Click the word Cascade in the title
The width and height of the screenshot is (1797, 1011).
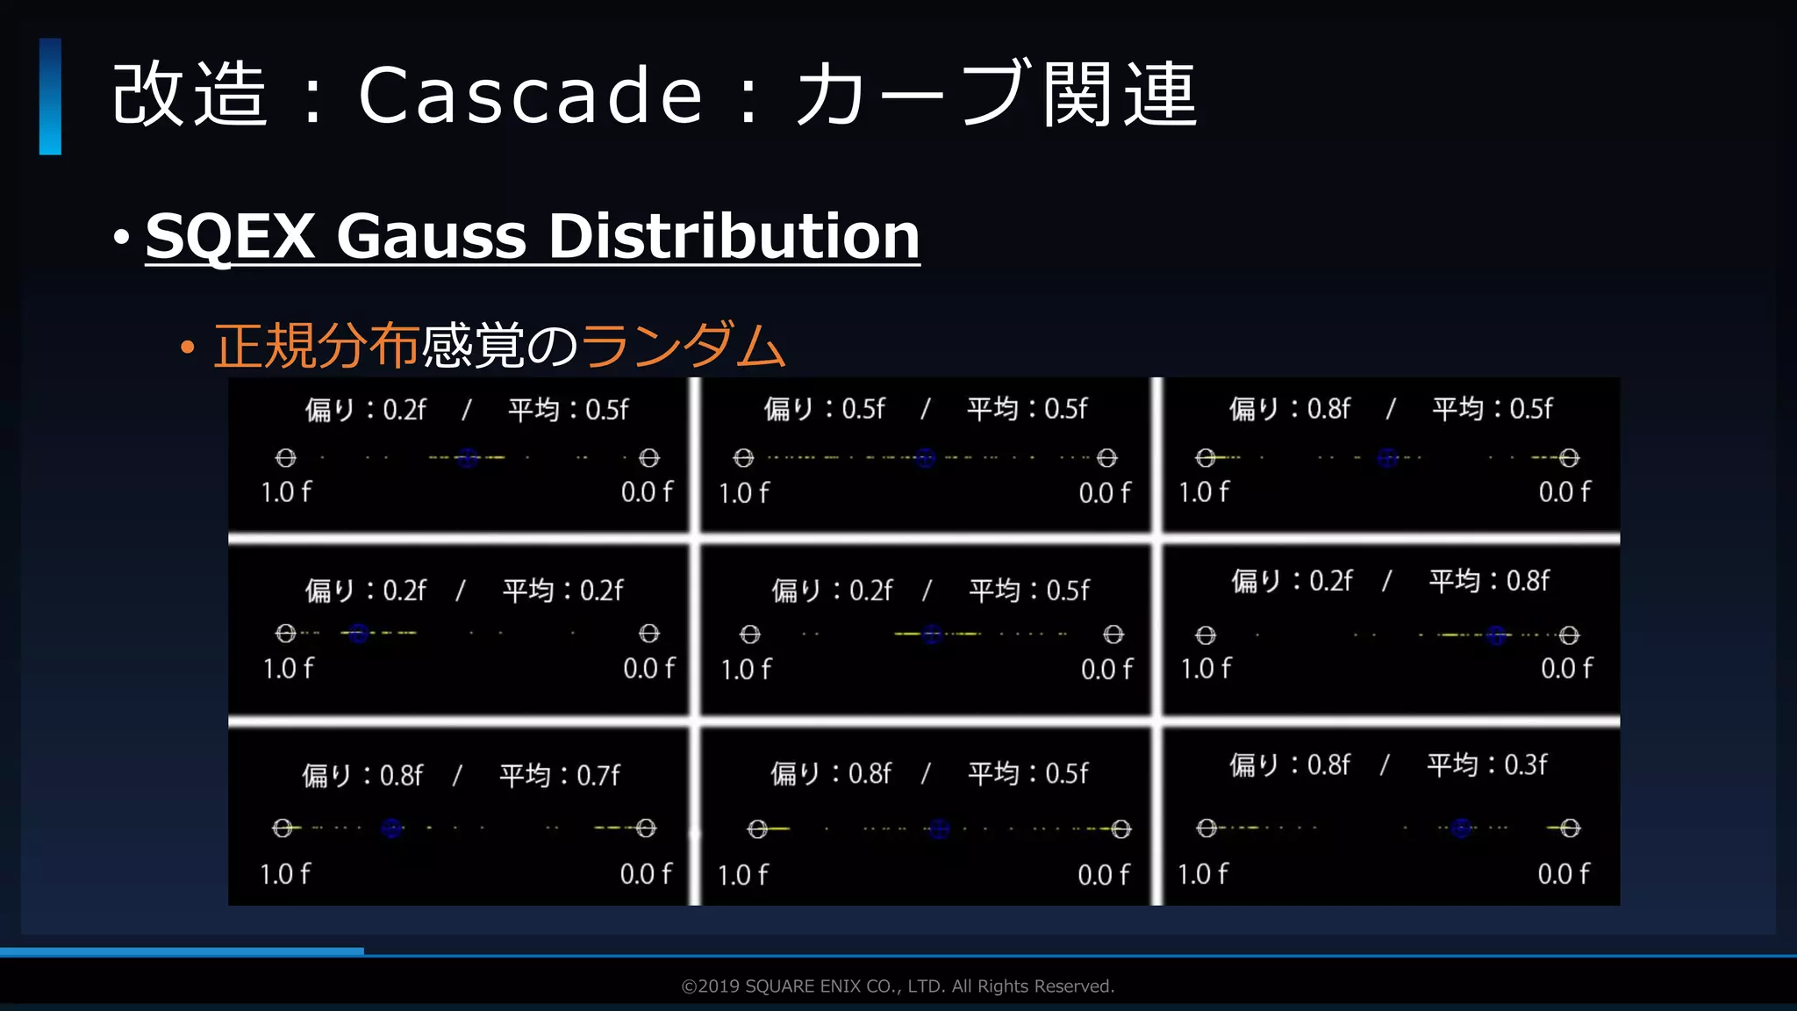(x=530, y=95)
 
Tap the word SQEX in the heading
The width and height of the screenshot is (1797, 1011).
(x=230, y=236)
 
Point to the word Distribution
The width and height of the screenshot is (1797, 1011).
(x=734, y=236)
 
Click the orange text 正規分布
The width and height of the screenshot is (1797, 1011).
(x=316, y=346)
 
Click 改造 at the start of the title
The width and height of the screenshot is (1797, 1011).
(x=190, y=95)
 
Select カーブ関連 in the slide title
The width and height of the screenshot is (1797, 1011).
(x=997, y=95)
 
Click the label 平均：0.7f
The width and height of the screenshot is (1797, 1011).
(x=560, y=775)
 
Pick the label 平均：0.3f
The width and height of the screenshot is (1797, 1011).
(x=1487, y=764)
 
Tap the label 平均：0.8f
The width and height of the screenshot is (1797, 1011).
(x=1489, y=580)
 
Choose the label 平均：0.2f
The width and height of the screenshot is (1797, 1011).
(x=562, y=590)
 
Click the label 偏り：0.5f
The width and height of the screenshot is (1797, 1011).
(x=824, y=408)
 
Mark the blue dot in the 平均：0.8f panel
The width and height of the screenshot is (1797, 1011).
(x=1497, y=635)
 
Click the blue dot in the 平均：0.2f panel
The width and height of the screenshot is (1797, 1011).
(x=358, y=633)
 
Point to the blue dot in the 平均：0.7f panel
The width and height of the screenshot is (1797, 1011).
(x=392, y=828)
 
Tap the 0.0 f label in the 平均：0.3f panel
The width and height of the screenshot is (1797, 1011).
(x=1564, y=874)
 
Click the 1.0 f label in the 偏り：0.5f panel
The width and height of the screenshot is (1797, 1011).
(x=743, y=493)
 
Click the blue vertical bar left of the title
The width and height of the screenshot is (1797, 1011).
(x=50, y=97)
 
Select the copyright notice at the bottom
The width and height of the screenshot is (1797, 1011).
(x=898, y=986)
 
